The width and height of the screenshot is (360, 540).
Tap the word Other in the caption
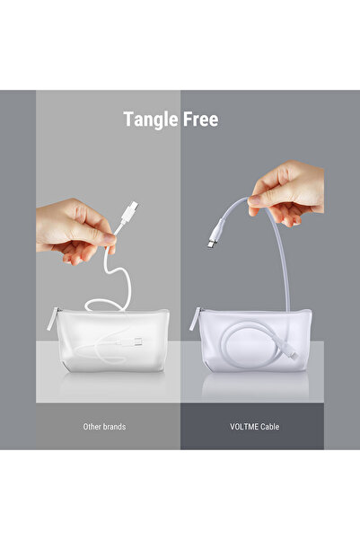pyautogui.click(x=92, y=426)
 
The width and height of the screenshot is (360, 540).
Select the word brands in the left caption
pyautogui.click(x=119, y=426)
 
